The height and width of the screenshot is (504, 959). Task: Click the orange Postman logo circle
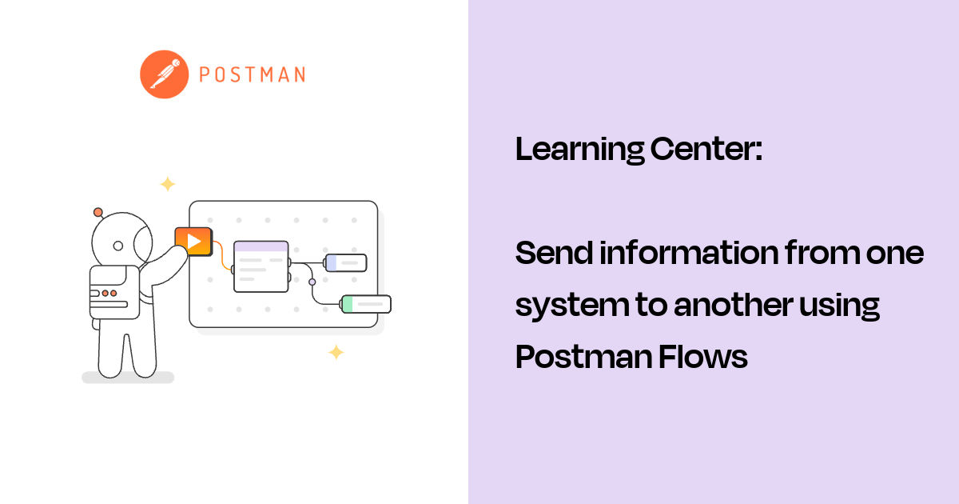164,74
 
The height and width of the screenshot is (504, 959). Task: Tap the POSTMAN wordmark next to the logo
252,75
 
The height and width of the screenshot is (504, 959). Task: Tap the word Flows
703,357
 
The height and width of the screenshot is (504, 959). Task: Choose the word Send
552,254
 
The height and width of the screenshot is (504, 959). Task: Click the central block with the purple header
261,266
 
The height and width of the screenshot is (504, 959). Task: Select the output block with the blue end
345,262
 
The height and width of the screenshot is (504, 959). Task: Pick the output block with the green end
366,304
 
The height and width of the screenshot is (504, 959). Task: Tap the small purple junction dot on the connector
312,282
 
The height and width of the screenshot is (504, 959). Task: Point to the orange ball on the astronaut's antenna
98,212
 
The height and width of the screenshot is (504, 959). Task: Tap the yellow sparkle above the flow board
167,184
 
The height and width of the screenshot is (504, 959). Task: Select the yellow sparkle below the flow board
336,352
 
